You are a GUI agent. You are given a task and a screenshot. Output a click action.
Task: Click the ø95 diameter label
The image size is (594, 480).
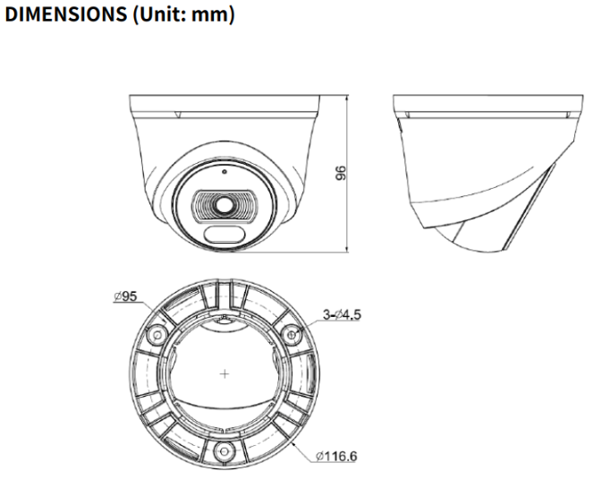(125, 296)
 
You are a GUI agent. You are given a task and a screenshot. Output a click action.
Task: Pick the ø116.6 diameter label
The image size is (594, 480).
(336, 457)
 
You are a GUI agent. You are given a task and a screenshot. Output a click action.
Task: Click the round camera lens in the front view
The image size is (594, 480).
(218, 204)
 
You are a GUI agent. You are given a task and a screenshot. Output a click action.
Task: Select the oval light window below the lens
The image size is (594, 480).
(219, 236)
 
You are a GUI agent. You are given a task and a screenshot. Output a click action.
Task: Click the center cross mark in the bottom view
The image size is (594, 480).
(224, 373)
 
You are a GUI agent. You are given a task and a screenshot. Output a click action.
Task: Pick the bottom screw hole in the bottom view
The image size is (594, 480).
(224, 448)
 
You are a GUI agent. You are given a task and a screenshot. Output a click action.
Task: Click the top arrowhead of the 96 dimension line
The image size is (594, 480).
(346, 94)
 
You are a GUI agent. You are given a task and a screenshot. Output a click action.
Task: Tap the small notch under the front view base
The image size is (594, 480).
(178, 115)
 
